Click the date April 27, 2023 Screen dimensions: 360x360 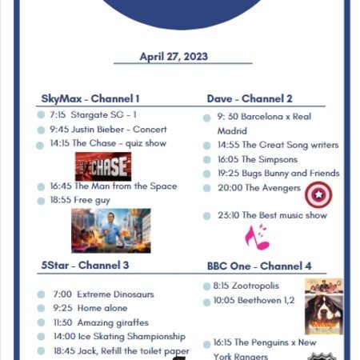coord(174,57)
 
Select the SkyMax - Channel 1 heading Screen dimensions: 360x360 coord(90,98)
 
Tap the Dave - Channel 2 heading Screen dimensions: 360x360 coord(250,98)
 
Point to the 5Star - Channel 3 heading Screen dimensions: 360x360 coord(85,266)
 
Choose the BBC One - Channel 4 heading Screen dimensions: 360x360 coord(259,266)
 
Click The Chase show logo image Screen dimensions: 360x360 coord(103,166)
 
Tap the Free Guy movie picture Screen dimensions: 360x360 coord(111,230)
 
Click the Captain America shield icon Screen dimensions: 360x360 coord(318,195)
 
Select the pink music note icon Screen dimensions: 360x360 coord(258,238)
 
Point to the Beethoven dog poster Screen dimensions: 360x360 coord(324,314)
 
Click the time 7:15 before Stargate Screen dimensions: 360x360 coord(58,115)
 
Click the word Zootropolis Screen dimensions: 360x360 coord(255,286)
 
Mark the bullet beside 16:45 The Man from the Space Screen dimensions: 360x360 coord(41,187)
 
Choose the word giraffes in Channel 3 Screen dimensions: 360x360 coord(132,323)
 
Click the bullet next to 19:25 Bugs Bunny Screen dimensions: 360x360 coord(206,174)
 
